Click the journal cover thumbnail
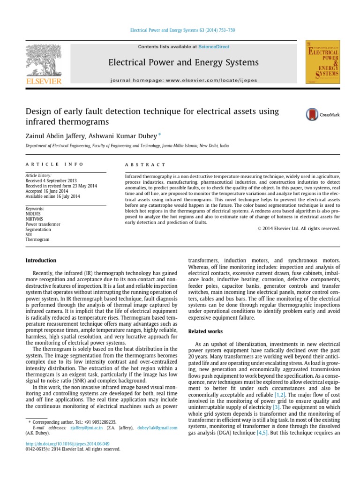322,62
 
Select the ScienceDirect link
214,47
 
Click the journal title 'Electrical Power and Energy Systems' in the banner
183,62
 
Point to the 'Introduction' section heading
41,261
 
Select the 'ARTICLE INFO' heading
54,165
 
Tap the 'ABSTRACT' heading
145,165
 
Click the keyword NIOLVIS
33,214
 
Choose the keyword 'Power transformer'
43,224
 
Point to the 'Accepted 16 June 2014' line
47,191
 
